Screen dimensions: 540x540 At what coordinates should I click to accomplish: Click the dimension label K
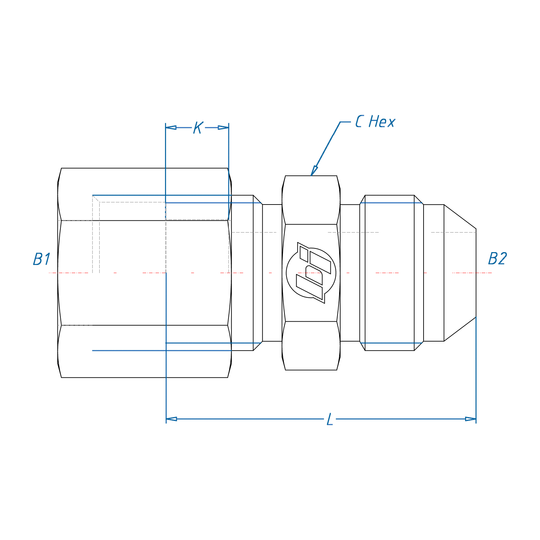pos(198,128)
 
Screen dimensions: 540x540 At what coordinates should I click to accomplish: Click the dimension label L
pos(330,420)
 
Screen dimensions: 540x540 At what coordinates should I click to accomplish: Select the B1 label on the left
pos(42,259)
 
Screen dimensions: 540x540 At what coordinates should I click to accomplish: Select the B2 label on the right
pos(497,259)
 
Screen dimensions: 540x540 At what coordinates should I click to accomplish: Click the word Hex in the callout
pos(382,122)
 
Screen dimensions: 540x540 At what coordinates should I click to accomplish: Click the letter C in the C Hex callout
pos(359,122)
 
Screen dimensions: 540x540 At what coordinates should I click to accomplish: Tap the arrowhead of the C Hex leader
pos(314,171)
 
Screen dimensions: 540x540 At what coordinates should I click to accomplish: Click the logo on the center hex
pos(311,273)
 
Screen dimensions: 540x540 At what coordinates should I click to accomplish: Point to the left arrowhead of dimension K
pos(171,128)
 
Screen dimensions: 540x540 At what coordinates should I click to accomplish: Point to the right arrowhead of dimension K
pos(223,128)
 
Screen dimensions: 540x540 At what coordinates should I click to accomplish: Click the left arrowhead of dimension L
pos(171,419)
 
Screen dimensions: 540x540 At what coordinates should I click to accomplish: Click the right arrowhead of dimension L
pos(470,419)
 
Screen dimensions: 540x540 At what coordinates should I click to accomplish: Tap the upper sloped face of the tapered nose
pos(460,217)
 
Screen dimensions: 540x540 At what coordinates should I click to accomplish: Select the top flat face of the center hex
pos(311,200)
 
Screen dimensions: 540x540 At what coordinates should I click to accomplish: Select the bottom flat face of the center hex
pos(311,346)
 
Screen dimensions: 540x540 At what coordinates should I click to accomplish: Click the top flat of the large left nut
pos(144,194)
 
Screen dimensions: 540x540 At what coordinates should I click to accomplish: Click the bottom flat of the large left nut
pos(144,351)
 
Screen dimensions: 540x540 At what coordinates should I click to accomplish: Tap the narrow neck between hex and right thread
pos(350,273)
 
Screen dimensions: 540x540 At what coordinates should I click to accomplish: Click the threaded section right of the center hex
pos(389,273)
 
